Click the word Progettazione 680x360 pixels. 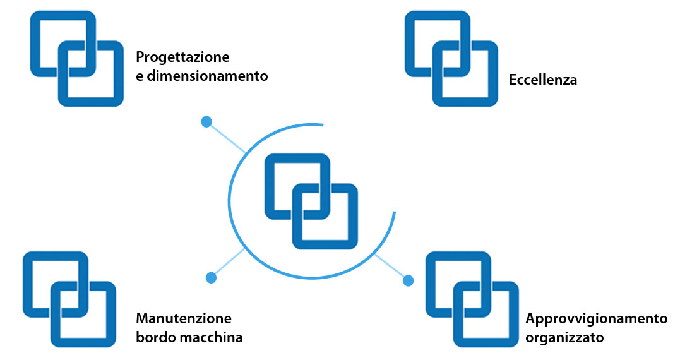tap(182, 57)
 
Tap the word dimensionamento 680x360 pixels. tap(207, 76)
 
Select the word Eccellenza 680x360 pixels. tap(543, 80)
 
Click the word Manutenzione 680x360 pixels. tap(184, 318)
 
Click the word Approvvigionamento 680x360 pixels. tap(597, 319)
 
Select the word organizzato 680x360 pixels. tap(564, 338)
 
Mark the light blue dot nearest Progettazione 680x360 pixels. tap(206, 122)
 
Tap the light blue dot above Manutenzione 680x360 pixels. tap(212, 278)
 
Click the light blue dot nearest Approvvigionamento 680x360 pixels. tap(408, 280)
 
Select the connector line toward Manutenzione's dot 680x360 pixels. tap(229, 262)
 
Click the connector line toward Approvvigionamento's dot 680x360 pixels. tap(390, 266)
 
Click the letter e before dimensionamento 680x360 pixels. tap(140, 77)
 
